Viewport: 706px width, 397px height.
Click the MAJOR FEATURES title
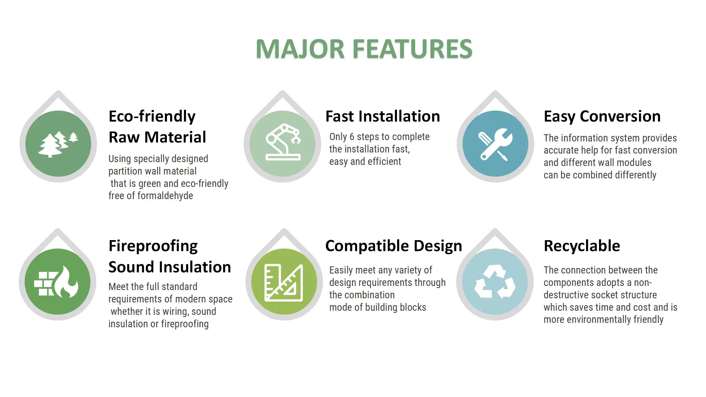(x=364, y=49)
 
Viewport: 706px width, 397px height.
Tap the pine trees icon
(x=58, y=144)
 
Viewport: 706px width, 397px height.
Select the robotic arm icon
(x=283, y=142)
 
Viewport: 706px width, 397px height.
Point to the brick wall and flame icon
(x=56, y=281)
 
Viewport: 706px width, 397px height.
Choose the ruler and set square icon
(x=284, y=283)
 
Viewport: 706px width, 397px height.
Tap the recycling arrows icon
(x=495, y=281)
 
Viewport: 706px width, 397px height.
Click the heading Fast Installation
(x=383, y=116)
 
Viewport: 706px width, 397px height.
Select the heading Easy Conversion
(x=602, y=117)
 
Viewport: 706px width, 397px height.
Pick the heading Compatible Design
(x=394, y=246)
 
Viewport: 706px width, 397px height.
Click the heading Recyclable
(x=582, y=246)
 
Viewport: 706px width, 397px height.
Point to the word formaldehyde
(x=165, y=196)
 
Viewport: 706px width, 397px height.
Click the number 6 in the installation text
(x=352, y=137)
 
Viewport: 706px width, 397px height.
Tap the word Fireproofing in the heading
(x=153, y=246)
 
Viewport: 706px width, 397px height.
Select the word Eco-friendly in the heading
(x=152, y=117)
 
